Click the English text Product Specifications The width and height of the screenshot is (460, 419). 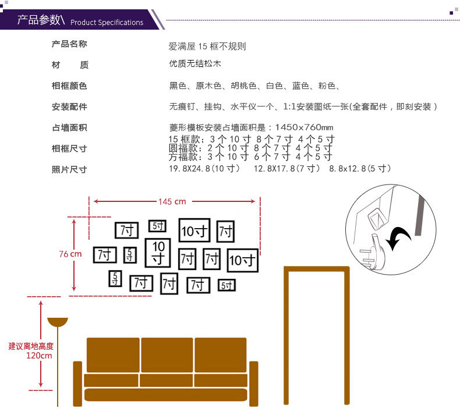click(107, 23)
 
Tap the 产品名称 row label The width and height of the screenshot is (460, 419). click(69, 44)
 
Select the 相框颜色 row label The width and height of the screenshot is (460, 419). click(69, 86)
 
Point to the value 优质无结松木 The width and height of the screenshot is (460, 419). click(195, 64)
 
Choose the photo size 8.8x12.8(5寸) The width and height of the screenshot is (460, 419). click(360, 169)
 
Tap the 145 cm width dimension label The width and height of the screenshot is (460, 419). click(172, 201)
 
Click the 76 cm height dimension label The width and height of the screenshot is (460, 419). click(70, 254)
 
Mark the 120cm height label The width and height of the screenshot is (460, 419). click(39, 356)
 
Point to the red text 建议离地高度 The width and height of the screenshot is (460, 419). click(31, 346)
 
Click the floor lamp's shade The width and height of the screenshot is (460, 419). click(58, 322)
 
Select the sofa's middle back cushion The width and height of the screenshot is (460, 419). click(167, 354)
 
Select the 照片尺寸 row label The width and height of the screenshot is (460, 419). click(69, 170)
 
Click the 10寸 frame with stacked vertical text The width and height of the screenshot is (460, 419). click(158, 251)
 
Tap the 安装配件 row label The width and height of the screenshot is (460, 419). click(69, 107)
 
